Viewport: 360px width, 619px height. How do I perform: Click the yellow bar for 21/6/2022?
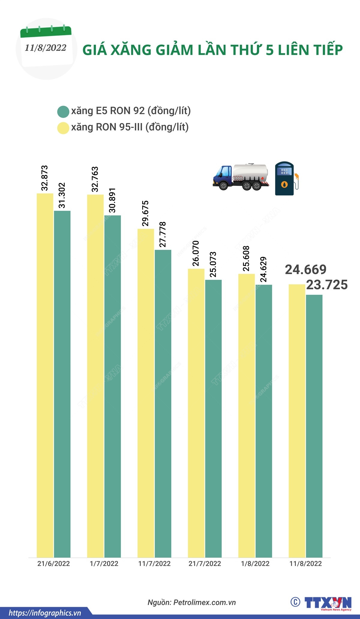[x=45, y=375]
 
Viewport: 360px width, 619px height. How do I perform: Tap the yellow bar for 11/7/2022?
[x=146, y=393]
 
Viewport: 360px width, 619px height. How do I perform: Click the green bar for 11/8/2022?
[x=314, y=426]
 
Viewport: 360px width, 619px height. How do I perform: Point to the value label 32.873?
[x=45, y=178]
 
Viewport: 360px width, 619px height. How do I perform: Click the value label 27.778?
[x=162, y=234]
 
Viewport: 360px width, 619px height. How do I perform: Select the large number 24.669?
[x=305, y=270]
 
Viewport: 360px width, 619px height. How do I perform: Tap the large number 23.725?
[x=327, y=285]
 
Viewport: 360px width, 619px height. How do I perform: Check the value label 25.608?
[x=246, y=258]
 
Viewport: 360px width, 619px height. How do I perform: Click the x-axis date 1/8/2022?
[x=255, y=563]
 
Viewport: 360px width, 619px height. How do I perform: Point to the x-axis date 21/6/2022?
[x=53, y=563]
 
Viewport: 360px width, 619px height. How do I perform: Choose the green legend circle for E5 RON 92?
[x=63, y=112]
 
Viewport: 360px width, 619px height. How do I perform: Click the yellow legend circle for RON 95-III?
[x=63, y=128]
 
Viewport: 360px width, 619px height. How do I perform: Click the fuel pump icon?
[x=286, y=179]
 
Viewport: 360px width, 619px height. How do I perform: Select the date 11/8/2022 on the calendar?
[x=46, y=48]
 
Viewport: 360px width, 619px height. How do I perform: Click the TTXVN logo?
[x=327, y=603]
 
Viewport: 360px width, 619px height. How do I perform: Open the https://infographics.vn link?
[x=45, y=613]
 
